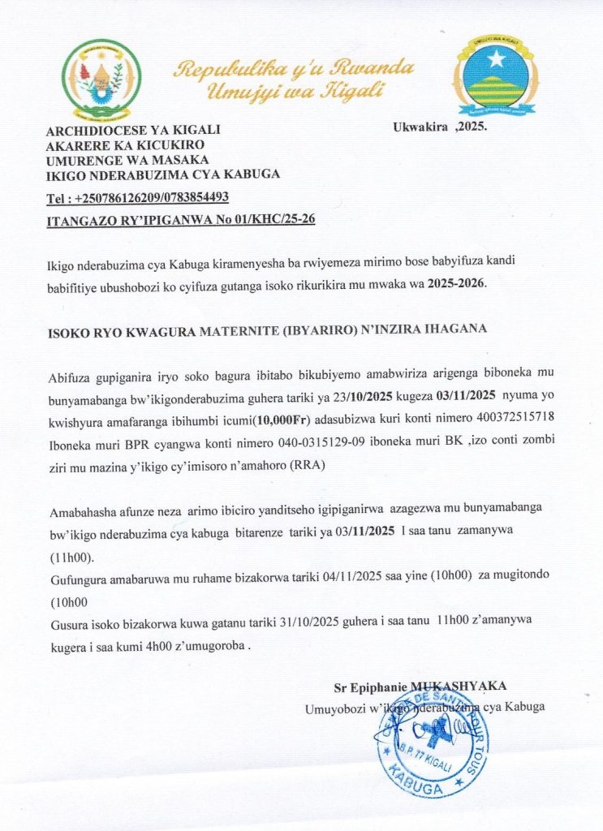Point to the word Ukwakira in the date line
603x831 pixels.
tap(421, 127)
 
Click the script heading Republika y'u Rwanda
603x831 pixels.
tap(295, 68)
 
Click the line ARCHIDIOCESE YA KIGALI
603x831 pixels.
tap(133, 130)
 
